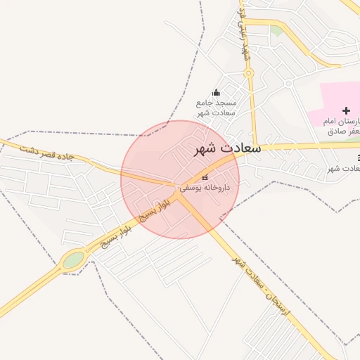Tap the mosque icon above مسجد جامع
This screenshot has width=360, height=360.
click(x=217, y=92)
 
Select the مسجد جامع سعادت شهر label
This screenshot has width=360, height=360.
click(x=216, y=108)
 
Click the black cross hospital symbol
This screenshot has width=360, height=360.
click(x=345, y=110)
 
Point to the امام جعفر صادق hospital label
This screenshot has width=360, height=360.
click(x=343, y=126)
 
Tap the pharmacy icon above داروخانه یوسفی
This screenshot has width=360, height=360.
click(x=205, y=177)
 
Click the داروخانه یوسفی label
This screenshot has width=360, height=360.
click(x=205, y=188)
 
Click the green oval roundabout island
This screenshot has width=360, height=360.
click(x=73, y=261)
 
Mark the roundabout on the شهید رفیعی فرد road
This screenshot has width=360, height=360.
click(x=248, y=72)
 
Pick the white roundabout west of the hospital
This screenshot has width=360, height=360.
click(x=288, y=83)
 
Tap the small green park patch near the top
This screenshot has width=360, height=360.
click(x=276, y=30)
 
